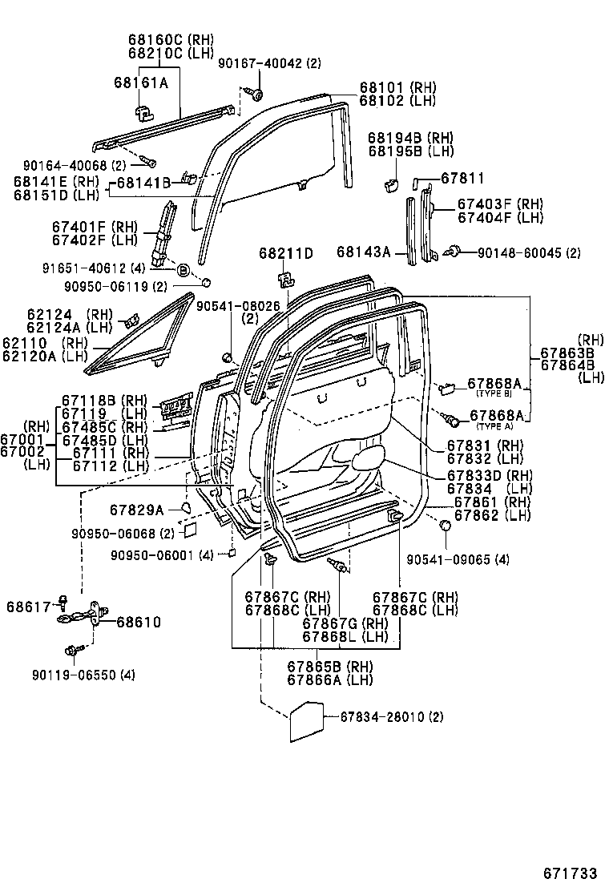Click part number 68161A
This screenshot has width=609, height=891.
140,82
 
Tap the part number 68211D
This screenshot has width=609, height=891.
285,253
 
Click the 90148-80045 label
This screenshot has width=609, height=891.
529,253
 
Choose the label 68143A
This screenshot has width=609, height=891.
363,253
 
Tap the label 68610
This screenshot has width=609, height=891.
139,621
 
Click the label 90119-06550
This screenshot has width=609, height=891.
95,675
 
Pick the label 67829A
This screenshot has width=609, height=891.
136,510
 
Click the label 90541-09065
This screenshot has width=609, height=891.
458,558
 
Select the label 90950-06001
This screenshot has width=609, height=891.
162,554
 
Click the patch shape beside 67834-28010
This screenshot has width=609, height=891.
304,724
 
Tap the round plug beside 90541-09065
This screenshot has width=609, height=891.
443,526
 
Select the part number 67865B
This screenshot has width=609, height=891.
318,666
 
